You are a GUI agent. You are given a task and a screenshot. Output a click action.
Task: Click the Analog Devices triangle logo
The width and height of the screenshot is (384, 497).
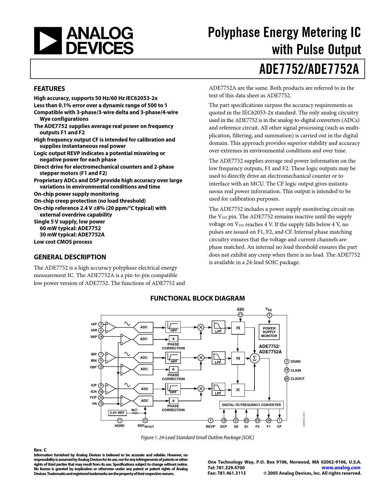[48, 41]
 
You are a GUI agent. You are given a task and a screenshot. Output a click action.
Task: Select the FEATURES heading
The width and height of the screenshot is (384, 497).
[49, 89]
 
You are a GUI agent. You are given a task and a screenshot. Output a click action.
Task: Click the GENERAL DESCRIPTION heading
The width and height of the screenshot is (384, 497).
[70, 257]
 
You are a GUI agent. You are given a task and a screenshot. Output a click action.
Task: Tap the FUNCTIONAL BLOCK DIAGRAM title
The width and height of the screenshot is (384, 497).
[197, 298]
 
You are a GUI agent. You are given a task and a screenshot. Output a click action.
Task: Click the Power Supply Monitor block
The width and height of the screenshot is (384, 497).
[269, 332]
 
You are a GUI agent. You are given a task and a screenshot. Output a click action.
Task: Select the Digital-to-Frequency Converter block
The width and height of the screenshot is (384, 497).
[251, 405]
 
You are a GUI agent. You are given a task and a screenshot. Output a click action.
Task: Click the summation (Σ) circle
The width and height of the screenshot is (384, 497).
[254, 358]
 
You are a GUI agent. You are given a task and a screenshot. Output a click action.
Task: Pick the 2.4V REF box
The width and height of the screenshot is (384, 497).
[117, 413]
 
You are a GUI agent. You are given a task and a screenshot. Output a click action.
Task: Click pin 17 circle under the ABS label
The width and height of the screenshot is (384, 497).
[240, 315]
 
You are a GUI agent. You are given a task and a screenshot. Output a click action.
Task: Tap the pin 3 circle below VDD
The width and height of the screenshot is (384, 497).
[269, 315]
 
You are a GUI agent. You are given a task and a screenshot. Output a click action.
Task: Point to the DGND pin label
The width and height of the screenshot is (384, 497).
[295, 361]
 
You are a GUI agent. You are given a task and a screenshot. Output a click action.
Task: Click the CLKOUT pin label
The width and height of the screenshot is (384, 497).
[297, 379]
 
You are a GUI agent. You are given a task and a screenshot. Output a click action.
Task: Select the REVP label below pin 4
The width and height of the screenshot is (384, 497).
[210, 427]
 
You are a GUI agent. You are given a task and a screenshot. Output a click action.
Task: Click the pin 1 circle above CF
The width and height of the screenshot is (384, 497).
[279, 420]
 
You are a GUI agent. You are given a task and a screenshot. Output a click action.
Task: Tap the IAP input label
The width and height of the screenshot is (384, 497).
[94, 324]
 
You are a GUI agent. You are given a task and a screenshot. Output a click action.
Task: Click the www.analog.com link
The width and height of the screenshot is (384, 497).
[341, 467]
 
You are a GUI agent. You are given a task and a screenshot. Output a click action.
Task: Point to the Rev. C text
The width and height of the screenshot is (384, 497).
[40, 450]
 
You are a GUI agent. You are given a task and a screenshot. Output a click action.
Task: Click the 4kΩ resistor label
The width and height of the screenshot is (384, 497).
[134, 410]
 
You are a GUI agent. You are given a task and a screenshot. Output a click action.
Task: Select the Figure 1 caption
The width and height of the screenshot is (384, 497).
[197, 437]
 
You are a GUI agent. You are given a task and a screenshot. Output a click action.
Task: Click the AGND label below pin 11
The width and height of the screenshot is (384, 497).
[120, 426]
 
